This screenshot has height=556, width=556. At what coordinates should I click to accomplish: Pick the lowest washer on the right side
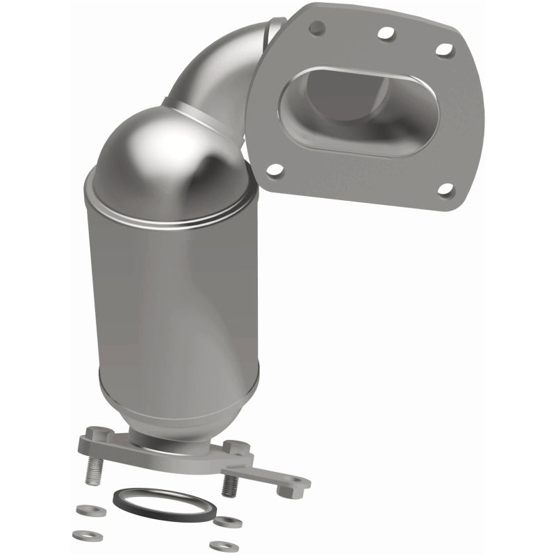224,546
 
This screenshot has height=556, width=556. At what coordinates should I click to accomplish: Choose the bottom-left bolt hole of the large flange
275,169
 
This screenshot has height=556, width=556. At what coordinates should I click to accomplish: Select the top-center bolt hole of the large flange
383,33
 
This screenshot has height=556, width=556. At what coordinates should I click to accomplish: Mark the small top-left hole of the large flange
317,27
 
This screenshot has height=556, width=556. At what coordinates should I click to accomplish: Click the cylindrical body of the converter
174,299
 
